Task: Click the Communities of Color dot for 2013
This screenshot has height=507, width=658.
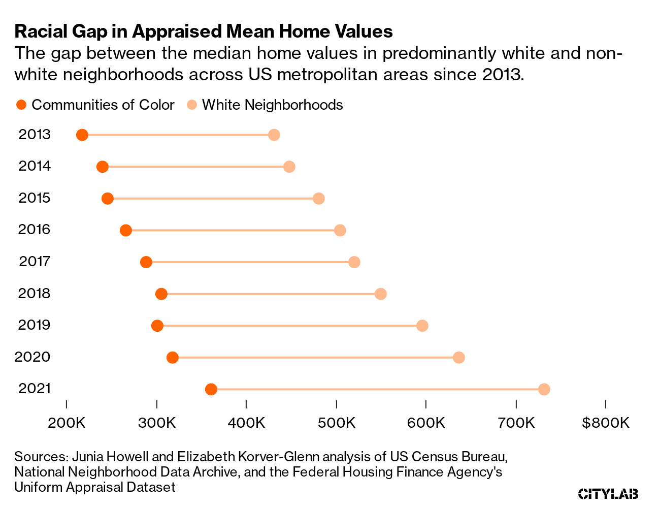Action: (x=82, y=135)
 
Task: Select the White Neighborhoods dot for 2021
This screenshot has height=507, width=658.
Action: (x=544, y=390)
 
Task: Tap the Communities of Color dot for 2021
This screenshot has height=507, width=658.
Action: (x=211, y=390)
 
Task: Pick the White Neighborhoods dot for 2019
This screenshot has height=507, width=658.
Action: (x=422, y=326)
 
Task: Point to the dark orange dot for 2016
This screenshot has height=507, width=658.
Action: (x=126, y=231)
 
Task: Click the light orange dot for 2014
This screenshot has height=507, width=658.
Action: (x=289, y=167)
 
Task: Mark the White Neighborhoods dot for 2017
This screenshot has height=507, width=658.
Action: (x=354, y=262)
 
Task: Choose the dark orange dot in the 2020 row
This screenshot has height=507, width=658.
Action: (x=173, y=358)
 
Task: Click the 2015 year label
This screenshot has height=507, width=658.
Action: (x=35, y=198)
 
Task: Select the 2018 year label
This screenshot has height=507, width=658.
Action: (x=35, y=293)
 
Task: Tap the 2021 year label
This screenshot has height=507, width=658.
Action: (x=35, y=389)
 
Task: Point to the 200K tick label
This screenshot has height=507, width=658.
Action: (x=66, y=423)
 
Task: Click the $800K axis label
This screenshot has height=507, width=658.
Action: (x=606, y=423)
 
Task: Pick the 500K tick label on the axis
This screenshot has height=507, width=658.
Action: (x=336, y=423)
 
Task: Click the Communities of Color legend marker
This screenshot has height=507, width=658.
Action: (x=21, y=105)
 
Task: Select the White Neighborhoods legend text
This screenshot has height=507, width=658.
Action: (x=272, y=105)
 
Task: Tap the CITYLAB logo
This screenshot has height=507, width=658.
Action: (x=608, y=493)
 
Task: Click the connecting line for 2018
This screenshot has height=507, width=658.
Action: (x=269, y=294)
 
